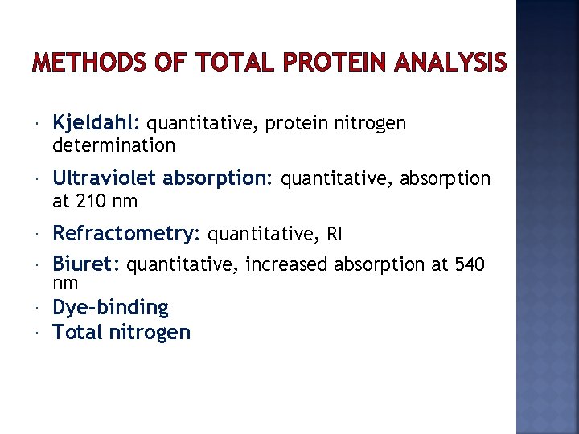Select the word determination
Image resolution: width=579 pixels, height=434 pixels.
(113, 145)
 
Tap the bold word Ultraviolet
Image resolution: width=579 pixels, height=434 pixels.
(105, 178)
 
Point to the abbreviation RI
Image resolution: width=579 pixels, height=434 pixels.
(334, 235)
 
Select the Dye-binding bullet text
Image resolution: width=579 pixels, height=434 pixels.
(110, 307)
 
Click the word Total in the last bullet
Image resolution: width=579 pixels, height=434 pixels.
(76, 332)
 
